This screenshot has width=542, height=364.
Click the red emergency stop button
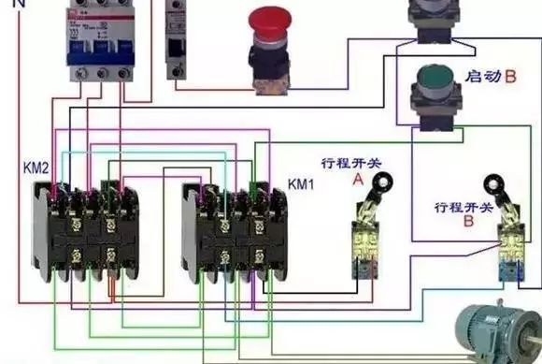271,23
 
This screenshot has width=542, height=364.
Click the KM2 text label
36,168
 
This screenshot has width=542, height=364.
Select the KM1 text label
302,183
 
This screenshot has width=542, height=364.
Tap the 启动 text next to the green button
482,75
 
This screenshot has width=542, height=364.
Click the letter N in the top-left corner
8,5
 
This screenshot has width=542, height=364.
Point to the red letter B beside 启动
510,76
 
